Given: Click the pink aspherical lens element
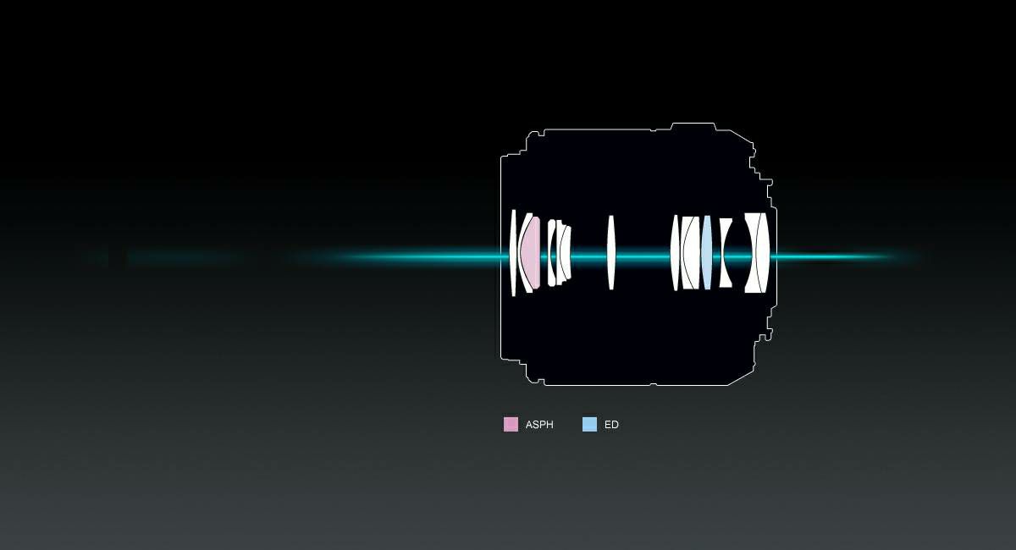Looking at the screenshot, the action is pyautogui.click(x=532, y=252).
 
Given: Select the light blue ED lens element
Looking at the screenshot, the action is pyautogui.click(x=707, y=252).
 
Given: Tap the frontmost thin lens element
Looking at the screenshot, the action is pyautogui.click(x=513, y=252).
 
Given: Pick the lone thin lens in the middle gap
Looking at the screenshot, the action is pyautogui.click(x=611, y=252).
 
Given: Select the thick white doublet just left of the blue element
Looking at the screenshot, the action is pyautogui.click(x=690, y=252).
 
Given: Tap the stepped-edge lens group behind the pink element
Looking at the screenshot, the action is pyautogui.click(x=559, y=252).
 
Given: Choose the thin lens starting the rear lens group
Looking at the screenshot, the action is pyautogui.click(x=675, y=252).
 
